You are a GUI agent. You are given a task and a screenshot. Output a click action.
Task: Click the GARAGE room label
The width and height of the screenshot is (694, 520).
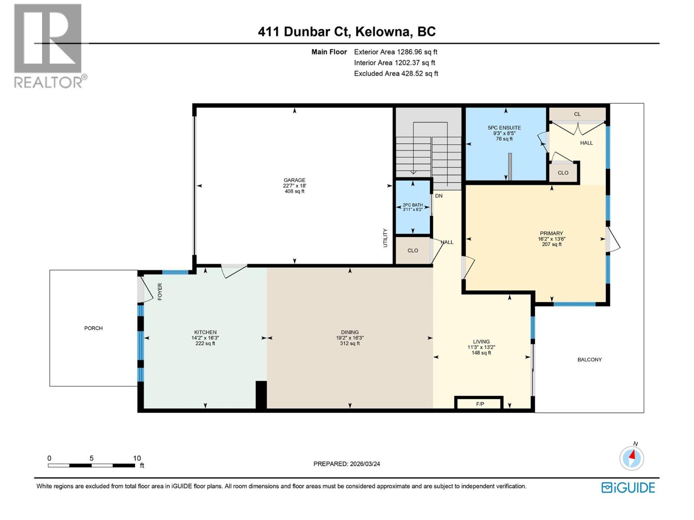pos(294,180)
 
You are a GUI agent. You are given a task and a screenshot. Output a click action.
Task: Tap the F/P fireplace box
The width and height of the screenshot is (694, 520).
pos(480,404)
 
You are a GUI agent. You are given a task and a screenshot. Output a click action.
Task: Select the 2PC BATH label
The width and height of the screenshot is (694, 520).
pos(412,205)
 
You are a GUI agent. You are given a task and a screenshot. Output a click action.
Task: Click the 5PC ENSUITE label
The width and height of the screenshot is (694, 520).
pos(504,128)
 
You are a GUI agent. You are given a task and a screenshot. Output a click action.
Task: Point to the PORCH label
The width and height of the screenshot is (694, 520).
pos(93,328)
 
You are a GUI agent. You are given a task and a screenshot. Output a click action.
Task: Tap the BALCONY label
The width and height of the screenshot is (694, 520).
pos(589,359)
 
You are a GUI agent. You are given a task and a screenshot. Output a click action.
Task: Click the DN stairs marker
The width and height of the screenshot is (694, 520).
pos(439,196)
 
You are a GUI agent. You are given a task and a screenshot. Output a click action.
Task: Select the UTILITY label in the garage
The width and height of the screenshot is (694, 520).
pos(385,238)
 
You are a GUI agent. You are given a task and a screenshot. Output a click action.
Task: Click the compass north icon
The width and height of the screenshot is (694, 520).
pos(632,458)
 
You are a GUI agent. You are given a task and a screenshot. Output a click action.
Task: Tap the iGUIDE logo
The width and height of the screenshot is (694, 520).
pos(628,487)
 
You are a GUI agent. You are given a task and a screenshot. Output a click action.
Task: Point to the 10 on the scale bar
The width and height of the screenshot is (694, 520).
pos(137,458)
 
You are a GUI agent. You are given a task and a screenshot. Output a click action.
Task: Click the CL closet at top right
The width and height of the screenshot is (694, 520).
pos(577,114)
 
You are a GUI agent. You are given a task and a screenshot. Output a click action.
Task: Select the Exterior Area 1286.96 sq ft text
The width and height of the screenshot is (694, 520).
pos(396,52)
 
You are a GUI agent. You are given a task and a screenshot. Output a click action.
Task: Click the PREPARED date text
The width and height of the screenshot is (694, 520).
pos(347,464)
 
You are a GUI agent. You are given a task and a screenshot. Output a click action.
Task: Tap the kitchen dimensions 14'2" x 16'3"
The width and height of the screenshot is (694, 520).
pos(205,338)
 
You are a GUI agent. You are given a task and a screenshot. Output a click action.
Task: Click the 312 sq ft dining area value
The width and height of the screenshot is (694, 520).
pos(350,343)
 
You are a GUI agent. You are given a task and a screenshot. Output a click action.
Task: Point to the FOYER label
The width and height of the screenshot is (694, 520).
pos(160,292)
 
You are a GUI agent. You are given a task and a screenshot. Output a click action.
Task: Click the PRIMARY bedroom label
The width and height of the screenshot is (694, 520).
pos(551,233)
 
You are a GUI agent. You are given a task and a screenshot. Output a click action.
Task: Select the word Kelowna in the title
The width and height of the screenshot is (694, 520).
pos(382,32)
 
